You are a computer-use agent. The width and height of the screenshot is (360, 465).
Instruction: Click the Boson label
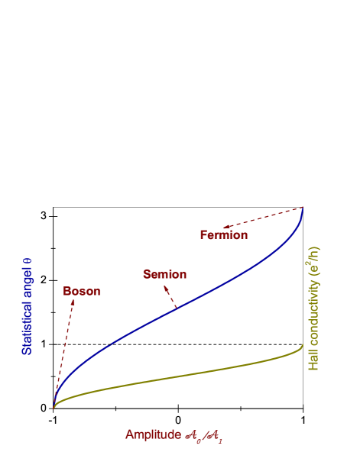[82, 292]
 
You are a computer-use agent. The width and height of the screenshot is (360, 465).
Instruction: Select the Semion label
[164, 275]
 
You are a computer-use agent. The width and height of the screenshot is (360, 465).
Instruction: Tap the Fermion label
[224, 235]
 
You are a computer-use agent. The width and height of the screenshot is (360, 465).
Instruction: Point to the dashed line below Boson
[64, 351]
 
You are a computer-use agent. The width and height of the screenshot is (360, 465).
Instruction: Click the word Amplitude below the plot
[153, 435]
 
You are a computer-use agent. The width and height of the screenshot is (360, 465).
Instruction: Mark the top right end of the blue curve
[303, 207]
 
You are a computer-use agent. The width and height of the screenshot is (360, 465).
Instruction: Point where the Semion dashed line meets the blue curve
[177, 307]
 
